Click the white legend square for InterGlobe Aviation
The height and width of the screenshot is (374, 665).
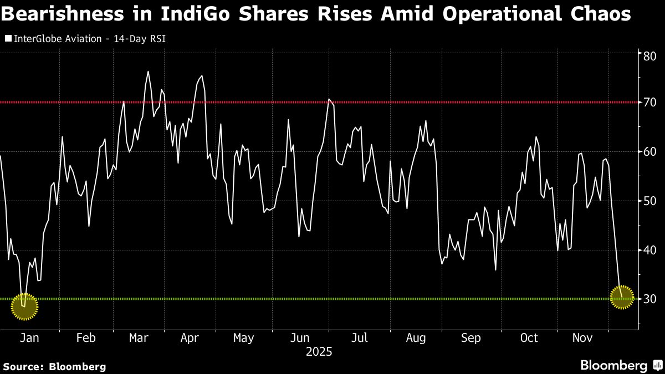pos(8,39)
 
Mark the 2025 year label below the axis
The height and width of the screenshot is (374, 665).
pos(319,352)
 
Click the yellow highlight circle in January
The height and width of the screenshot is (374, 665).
pos(24,306)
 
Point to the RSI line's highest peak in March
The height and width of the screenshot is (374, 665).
pos(148,71)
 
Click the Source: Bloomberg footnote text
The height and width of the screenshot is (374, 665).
pos(54,366)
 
